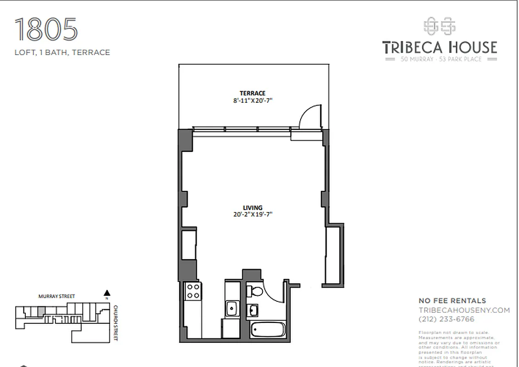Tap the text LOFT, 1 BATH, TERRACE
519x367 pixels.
coord(62,52)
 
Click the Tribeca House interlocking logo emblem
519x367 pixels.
coord(439,27)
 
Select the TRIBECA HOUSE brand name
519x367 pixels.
coord(440,47)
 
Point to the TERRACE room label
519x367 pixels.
coord(252,93)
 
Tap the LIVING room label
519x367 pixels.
coord(252,207)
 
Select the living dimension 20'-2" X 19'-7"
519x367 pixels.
coord(252,214)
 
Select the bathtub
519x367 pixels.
coord(268,330)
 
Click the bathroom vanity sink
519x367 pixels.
coord(253,311)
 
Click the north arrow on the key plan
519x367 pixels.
coord(107,293)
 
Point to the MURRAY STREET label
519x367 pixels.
coord(56,297)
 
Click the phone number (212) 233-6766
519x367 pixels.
coord(446,319)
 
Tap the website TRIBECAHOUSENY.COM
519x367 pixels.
coord(464,310)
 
